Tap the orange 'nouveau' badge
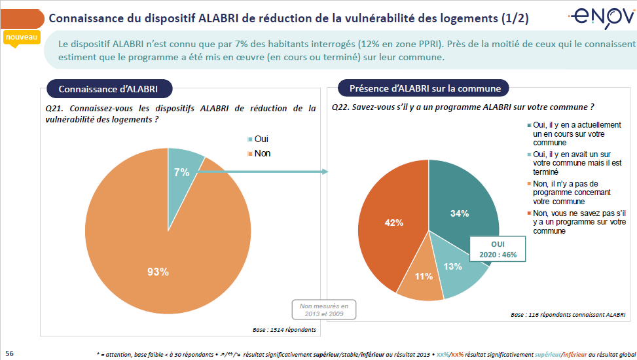tap(22, 38)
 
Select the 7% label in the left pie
tap(181, 172)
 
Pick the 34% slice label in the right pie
tap(460, 213)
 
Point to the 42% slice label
tap(393, 223)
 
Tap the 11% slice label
tap(424, 276)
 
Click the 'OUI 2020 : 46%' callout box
tap(498, 249)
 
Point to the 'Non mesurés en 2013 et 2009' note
tap(324, 309)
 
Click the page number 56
tap(9, 352)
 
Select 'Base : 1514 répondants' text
tap(284, 329)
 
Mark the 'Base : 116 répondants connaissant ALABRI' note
tap(568, 315)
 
